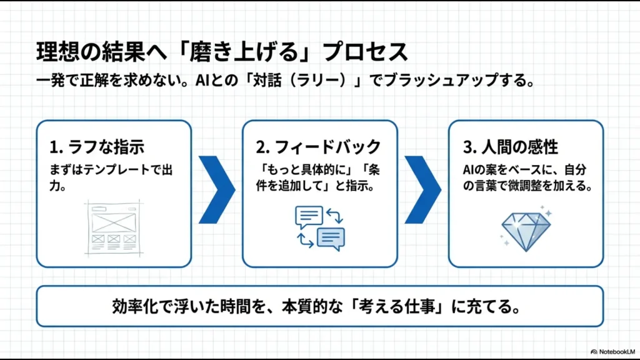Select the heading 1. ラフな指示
point(97,147)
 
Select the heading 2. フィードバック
point(318,147)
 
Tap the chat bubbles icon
point(319,227)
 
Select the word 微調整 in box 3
point(537,186)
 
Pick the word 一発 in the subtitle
point(50,82)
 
